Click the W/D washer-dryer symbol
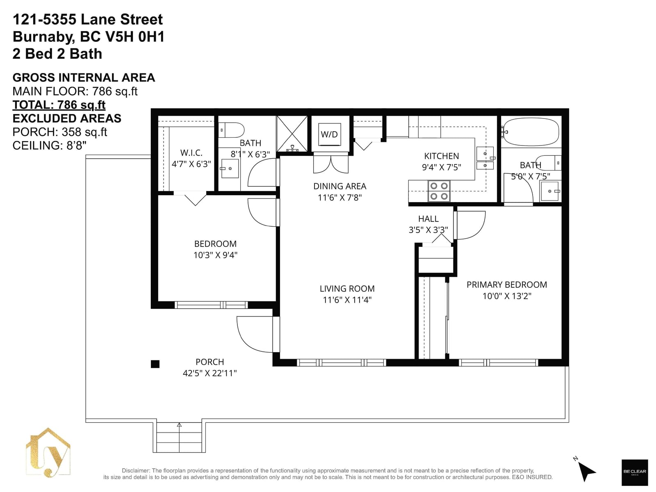click(x=329, y=134)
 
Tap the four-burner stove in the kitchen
click(x=439, y=191)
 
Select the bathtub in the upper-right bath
click(x=531, y=132)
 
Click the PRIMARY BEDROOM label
click(x=507, y=285)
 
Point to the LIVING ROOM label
click(x=347, y=289)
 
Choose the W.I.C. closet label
click(x=191, y=153)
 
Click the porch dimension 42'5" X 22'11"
click(x=210, y=373)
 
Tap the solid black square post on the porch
click(x=155, y=364)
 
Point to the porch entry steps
click(x=179, y=437)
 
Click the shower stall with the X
click(x=292, y=134)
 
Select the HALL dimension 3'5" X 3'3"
click(x=428, y=230)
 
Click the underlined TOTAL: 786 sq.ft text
click(x=59, y=105)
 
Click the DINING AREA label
click(x=340, y=186)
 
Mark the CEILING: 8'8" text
click(x=49, y=146)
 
